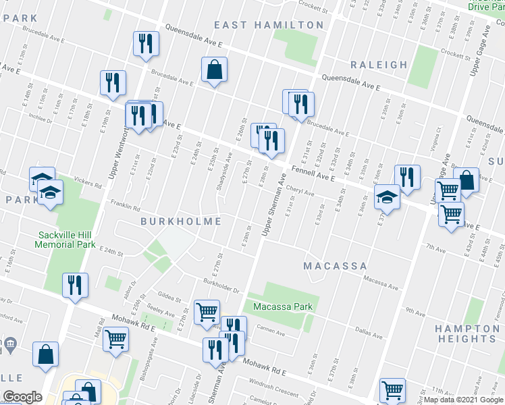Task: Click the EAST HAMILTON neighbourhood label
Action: (269, 25)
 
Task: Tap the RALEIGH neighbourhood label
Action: (379, 65)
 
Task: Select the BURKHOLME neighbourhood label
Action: (181, 221)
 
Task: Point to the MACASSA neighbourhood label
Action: (335, 266)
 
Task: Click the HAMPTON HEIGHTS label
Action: (467, 333)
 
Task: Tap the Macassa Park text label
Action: (283, 307)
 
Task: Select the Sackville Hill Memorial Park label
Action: (67, 240)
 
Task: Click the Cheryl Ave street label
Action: (300, 192)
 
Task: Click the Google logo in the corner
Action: (22, 396)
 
